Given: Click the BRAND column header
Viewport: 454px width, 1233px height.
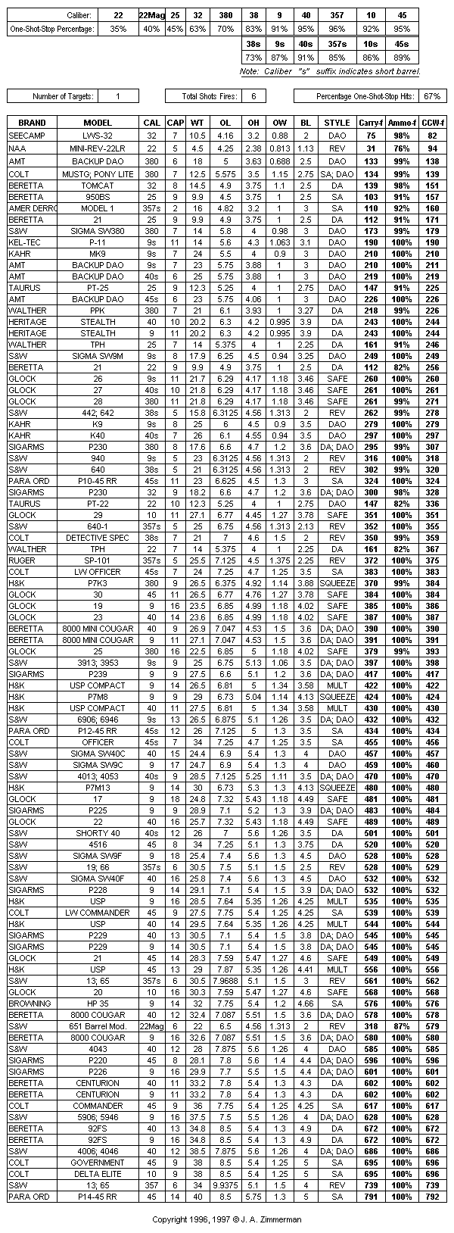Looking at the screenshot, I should pos(32,123).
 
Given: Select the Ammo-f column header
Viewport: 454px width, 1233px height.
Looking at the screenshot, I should pos(400,123).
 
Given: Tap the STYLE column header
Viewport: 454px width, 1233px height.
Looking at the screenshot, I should pos(337,123).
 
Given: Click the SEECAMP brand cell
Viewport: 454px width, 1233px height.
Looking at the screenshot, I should pos(26,135).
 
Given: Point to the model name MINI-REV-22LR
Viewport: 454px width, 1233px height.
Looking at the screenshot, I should pos(98,148).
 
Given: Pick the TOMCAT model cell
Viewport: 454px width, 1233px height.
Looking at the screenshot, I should pos(98,186).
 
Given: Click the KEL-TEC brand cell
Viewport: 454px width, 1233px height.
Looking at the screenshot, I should pos(23,242).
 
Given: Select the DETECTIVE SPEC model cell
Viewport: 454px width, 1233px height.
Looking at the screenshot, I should pos(98,538).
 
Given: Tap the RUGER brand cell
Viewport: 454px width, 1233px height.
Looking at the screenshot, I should pos(22,560).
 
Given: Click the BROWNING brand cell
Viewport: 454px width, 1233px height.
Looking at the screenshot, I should pos(28,1004).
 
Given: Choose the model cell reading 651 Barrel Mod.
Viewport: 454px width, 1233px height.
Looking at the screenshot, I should pos(98,1026).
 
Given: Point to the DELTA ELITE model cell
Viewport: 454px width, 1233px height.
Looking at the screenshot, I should pos(98,1174).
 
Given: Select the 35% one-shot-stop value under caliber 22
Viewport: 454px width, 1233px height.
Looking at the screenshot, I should pos(118,29).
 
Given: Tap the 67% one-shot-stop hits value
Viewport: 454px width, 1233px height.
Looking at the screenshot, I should pos(432,96).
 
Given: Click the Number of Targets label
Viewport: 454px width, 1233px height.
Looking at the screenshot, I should pos(63,96).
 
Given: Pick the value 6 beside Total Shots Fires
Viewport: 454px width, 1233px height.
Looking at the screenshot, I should pos(253,96).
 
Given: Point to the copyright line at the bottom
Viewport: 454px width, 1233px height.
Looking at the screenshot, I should pos(227,1220).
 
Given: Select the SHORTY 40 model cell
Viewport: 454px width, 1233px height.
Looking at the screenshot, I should pos(98,833).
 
